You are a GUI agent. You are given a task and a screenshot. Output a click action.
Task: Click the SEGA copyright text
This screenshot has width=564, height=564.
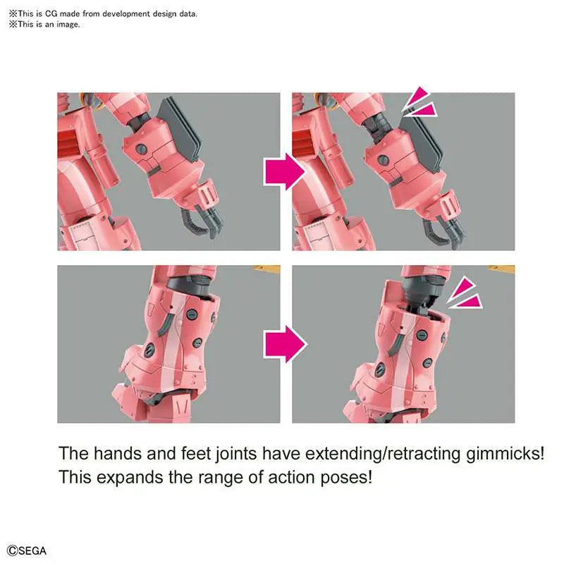[x=27, y=551]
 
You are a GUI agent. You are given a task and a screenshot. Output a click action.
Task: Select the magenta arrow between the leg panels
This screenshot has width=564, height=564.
[x=286, y=344]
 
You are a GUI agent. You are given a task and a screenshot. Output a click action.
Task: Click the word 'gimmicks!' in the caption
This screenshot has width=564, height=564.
[x=505, y=454]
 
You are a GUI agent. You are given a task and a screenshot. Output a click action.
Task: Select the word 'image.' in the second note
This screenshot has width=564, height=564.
[x=68, y=25]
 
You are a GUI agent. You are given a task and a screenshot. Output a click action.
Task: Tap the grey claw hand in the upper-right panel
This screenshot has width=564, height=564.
[x=443, y=228]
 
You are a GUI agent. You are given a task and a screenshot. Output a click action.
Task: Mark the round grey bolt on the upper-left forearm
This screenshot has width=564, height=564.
[x=141, y=148]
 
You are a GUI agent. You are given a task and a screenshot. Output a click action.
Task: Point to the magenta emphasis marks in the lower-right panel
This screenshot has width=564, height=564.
[x=465, y=293]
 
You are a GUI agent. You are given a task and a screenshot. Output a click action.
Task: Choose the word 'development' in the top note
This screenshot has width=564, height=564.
[x=126, y=14]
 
